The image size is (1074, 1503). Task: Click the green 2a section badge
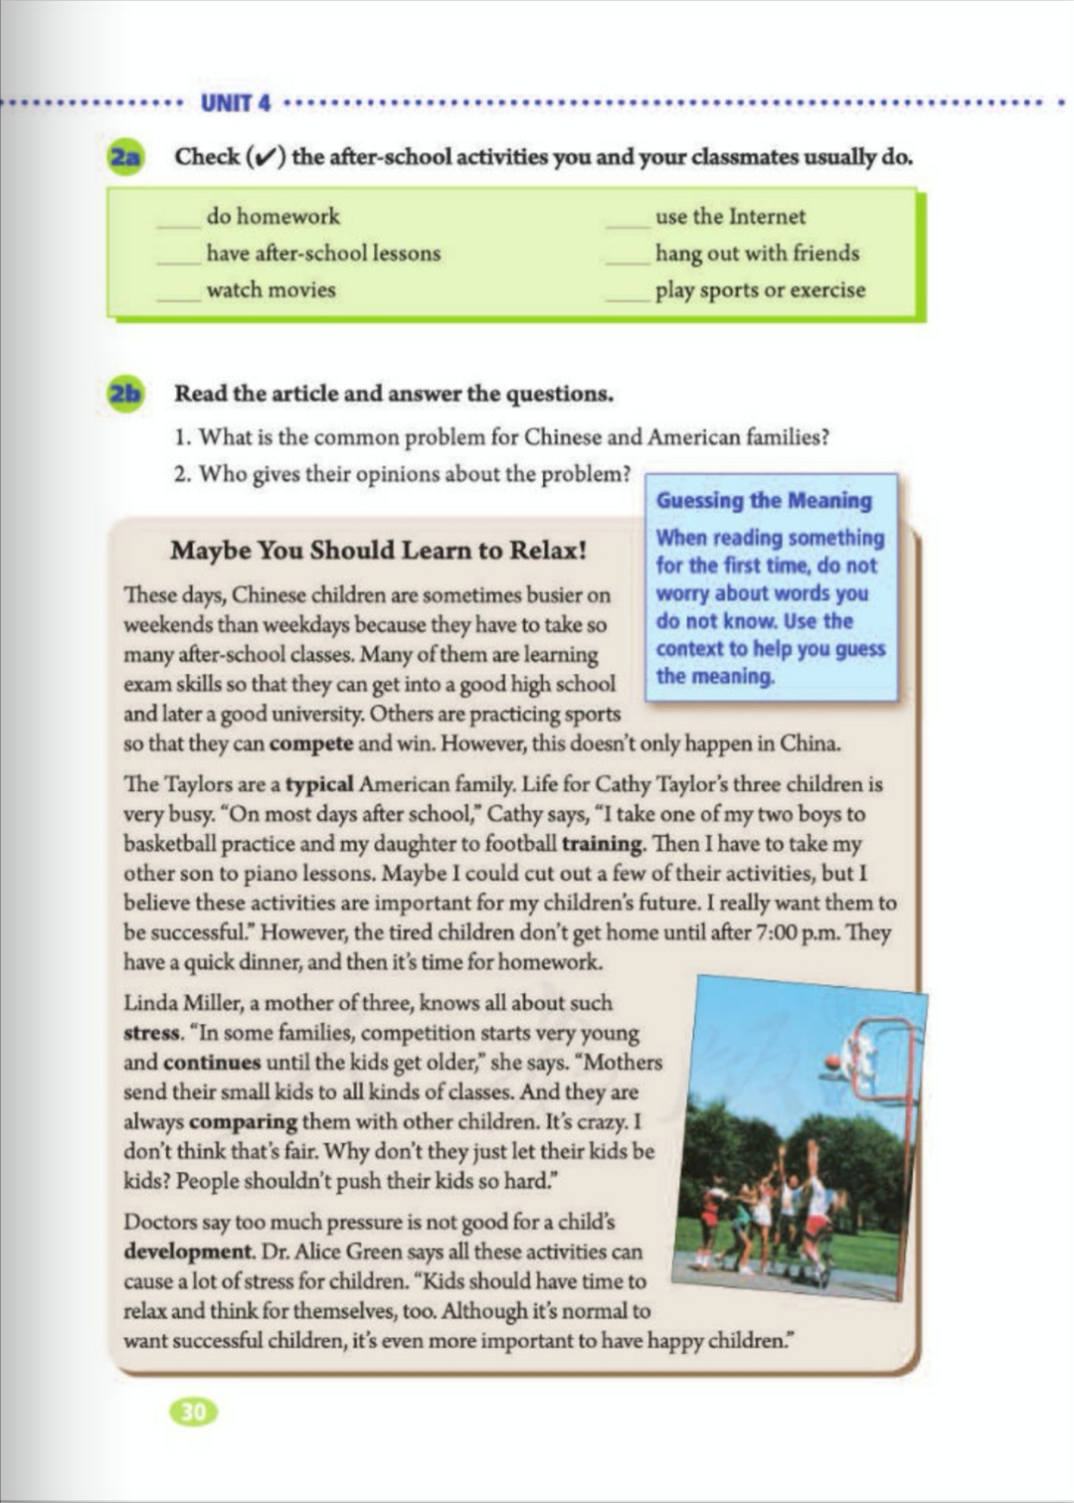125,158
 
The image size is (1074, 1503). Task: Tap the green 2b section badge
125,394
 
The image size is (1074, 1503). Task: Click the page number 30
194,1412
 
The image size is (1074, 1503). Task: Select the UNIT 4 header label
236,103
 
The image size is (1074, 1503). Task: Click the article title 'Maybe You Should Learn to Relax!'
378,551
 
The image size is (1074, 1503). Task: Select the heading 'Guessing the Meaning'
764,501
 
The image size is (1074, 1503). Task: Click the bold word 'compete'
311,744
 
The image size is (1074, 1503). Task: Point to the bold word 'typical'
319,784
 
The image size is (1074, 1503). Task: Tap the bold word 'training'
602,844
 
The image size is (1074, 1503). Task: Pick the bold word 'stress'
152,1033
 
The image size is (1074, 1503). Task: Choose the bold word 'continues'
212,1063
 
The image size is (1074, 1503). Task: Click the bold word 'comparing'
243,1122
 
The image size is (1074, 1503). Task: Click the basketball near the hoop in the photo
832,1062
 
